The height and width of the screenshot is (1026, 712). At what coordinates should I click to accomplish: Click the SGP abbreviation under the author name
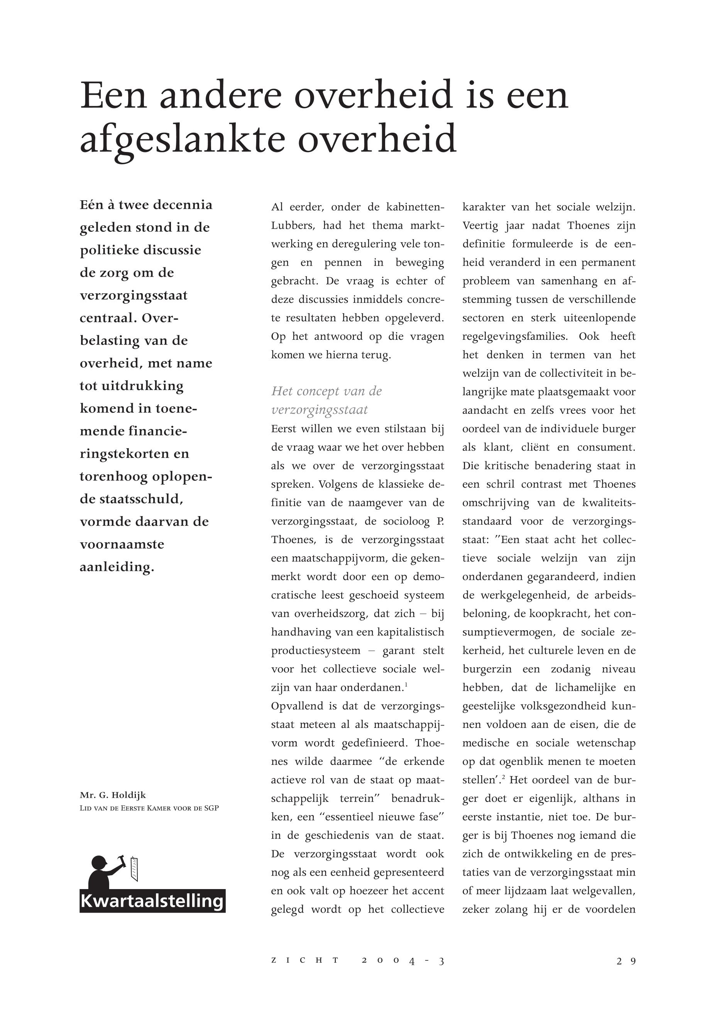pyautogui.click(x=211, y=808)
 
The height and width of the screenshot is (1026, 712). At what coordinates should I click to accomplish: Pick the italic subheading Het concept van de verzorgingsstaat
pyautogui.click(x=326, y=400)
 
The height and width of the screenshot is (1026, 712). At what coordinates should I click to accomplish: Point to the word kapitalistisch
pyautogui.click(x=411, y=632)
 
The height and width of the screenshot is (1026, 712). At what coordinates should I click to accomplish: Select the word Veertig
pyautogui.click(x=480, y=226)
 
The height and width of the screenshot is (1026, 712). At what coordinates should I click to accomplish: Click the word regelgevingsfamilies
pyautogui.click(x=514, y=337)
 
